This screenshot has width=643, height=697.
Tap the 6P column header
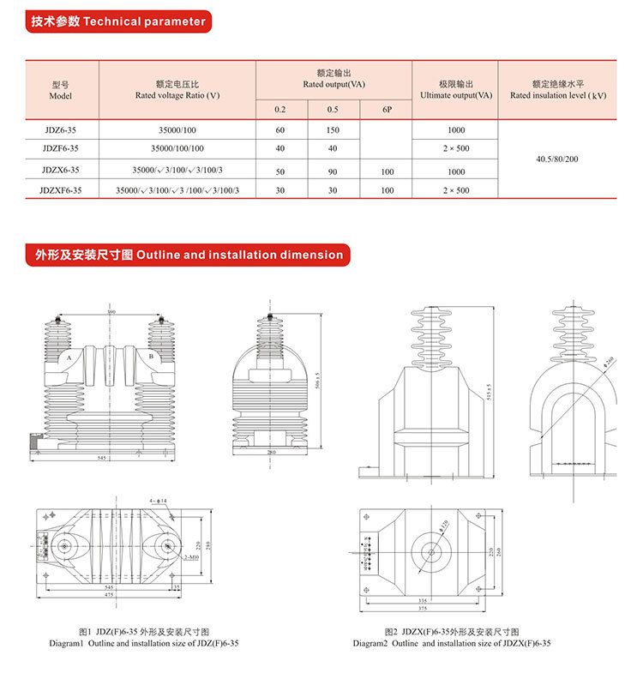click(387, 110)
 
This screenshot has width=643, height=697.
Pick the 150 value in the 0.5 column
click(333, 130)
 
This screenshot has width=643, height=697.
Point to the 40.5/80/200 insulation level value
click(556, 159)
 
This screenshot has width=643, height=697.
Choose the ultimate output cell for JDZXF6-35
click(455, 190)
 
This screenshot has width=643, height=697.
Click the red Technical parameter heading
click(118, 21)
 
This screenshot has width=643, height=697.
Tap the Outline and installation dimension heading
click(189, 255)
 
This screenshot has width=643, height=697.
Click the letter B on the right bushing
click(152, 355)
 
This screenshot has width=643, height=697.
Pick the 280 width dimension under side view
click(271, 453)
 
